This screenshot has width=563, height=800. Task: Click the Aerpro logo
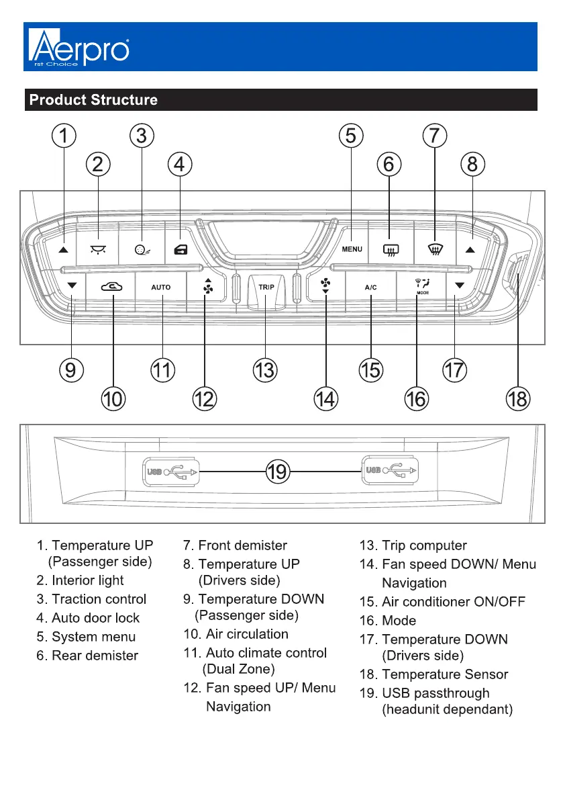pyautogui.click(x=79, y=47)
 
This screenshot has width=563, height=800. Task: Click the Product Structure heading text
pyautogui.click(x=93, y=100)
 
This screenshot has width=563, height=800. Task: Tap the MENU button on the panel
pyautogui.click(x=352, y=249)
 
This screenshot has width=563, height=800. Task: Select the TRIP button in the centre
pyautogui.click(x=266, y=287)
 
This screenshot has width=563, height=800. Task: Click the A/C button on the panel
pyautogui.click(x=371, y=287)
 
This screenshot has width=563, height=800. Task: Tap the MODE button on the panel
pyautogui.click(x=423, y=287)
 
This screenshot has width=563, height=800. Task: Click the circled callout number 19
pyautogui.click(x=277, y=472)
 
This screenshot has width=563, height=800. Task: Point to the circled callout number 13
pyautogui.click(x=266, y=369)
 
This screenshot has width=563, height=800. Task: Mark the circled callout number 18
pyautogui.click(x=518, y=399)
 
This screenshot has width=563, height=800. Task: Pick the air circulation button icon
pyautogui.click(x=112, y=287)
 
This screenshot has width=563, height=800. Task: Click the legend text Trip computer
pyautogui.click(x=424, y=545)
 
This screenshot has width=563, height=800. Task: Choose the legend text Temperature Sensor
pyautogui.click(x=445, y=674)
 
